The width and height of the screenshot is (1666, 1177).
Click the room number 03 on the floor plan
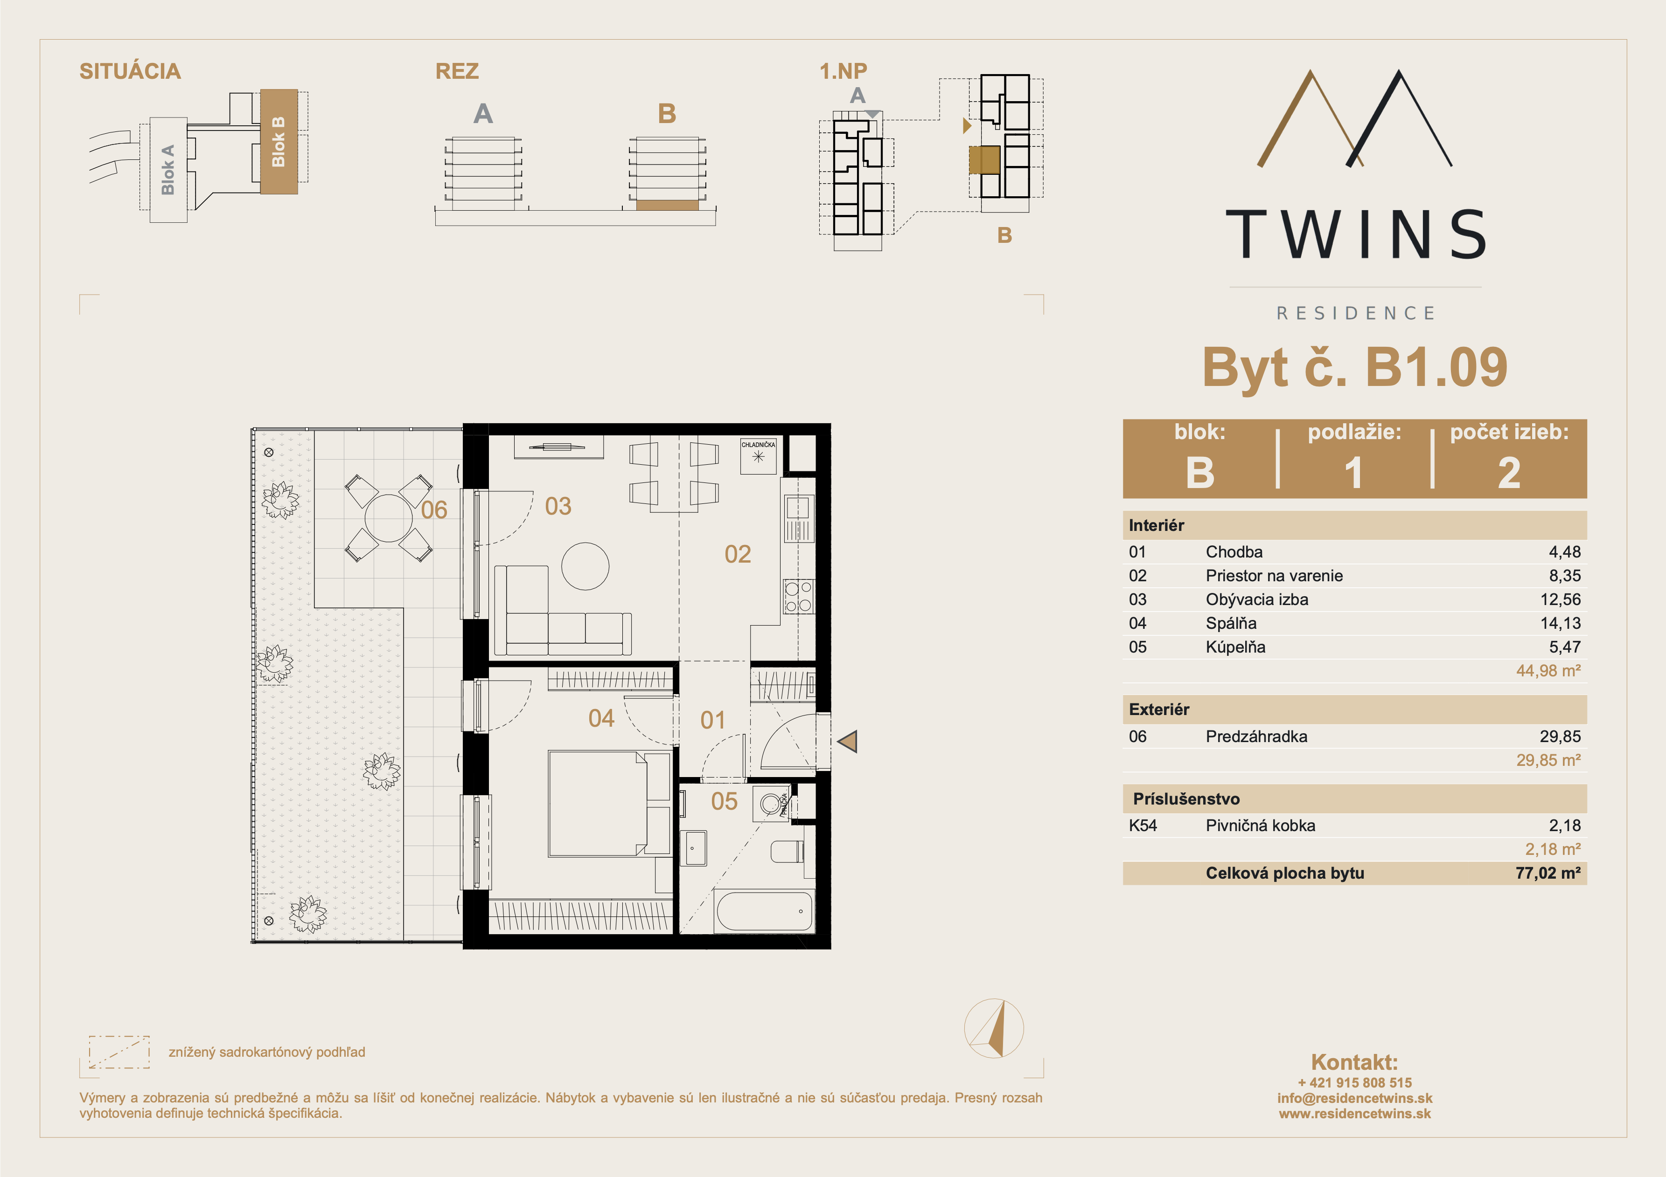558,506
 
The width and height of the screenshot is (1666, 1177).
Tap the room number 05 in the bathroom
724,801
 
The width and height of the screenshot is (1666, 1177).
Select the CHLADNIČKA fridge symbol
758,455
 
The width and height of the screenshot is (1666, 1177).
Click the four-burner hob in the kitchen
798,597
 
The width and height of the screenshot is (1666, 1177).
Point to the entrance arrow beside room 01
848,741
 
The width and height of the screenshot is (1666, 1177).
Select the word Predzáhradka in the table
1256,737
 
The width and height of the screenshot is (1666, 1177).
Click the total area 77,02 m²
1547,873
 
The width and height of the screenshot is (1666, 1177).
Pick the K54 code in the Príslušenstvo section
1143,825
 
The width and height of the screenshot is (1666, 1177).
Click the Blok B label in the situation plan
278,141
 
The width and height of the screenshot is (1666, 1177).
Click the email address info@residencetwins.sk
1355,1098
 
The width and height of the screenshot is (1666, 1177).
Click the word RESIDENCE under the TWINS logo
1355,313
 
